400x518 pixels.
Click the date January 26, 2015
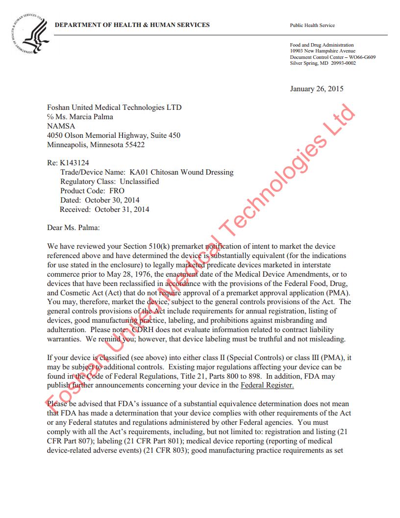pyautogui.click(x=317, y=89)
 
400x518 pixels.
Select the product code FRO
pyautogui.click(x=117, y=191)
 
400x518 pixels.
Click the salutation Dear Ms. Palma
pyautogui.click(x=73, y=228)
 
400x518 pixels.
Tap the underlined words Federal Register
pyautogui.click(x=267, y=386)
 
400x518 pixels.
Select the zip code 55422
pyautogui.click(x=134, y=145)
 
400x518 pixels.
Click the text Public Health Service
pyautogui.click(x=312, y=26)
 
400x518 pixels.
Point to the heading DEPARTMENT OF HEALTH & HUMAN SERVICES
pyautogui.click(x=132, y=25)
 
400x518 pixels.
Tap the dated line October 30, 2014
pyautogui.click(x=112, y=200)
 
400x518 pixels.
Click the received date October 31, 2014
pyautogui.click(x=122, y=209)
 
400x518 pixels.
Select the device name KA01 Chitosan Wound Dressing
pyautogui.click(x=181, y=172)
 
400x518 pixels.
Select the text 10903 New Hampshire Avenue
pyautogui.click(x=323, y=51)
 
